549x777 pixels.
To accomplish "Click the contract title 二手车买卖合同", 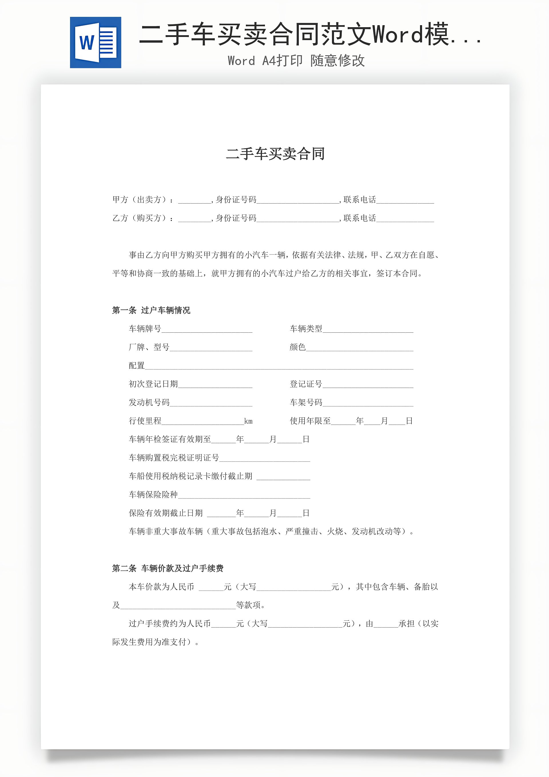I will pos(275,154).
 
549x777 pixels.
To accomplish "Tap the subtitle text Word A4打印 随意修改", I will pos(296,61).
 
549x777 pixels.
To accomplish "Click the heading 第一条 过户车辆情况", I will pos(151,310).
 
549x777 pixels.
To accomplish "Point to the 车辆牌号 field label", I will pos(145,329).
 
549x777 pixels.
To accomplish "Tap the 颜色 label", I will pos(297,347).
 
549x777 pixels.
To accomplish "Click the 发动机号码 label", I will pos(149,402).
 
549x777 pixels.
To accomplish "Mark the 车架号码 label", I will pos(306,402).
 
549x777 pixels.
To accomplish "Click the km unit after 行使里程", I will pos(248,421).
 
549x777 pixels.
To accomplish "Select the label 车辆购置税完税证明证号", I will pos(174,458).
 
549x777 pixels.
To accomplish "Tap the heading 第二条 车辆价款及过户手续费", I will pos(168,569).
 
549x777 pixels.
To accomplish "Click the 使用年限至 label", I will pos(310,421).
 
